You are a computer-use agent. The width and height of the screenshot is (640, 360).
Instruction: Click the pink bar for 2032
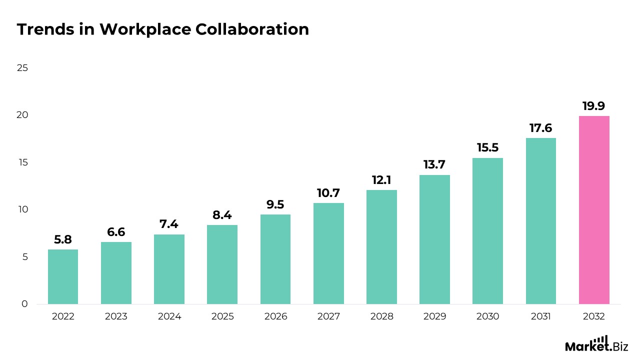point(594,210)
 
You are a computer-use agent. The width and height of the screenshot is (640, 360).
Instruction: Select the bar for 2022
point(63,276)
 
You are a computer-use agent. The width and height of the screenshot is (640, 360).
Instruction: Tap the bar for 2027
point(328,253)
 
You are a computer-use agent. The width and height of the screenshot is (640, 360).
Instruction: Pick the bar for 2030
point(487,231)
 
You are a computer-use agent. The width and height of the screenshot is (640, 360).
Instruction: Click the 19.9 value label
point(594,106)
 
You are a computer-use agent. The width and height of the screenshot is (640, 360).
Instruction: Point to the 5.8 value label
point(63,239)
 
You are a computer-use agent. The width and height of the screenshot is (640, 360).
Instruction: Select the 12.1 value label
point(381,180)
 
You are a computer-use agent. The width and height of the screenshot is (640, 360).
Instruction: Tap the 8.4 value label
point(222,215)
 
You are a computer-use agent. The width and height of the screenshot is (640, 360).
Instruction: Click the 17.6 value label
point(540,128)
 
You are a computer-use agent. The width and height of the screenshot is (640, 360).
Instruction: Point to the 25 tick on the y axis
point(22,68)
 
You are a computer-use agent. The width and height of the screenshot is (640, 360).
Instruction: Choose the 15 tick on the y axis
point(22,162)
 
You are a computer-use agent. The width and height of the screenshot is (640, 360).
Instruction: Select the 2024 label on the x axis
point(169,316)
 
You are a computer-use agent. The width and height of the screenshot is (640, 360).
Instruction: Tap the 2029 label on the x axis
point(434,316)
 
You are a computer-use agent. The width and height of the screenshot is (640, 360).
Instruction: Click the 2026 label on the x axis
point(275,316)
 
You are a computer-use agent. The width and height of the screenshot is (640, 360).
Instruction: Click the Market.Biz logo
point(596,344)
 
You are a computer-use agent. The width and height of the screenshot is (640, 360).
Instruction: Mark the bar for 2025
point(222,264)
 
